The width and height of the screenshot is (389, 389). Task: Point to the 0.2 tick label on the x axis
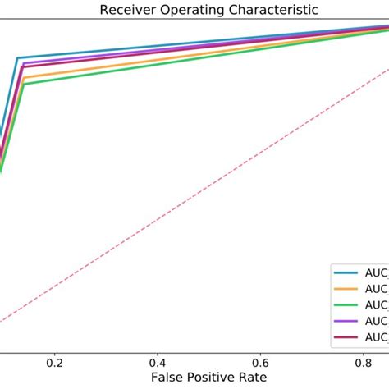(55, 361)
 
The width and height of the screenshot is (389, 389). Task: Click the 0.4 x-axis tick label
(158, 361)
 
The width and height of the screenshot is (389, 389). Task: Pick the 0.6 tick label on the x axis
(260, 361)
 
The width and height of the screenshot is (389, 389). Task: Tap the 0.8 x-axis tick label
(363, 361)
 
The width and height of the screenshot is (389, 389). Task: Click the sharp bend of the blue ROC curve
(18, 58)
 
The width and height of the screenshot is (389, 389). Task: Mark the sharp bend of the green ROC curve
(25, 85)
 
